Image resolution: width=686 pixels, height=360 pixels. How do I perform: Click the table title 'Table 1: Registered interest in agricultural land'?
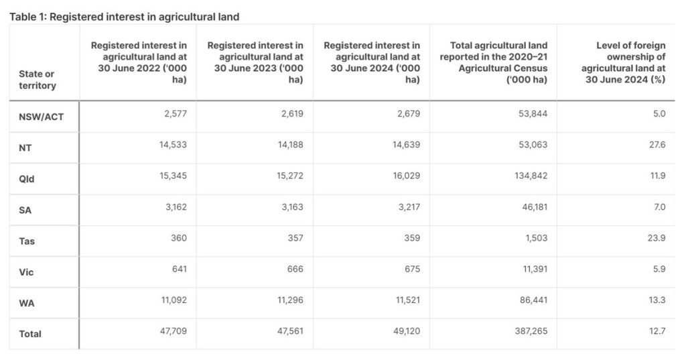coord(124,16)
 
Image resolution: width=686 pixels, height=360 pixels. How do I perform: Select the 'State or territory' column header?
coord(37,80)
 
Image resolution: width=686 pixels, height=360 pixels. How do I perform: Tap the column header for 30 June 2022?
coord(139,62)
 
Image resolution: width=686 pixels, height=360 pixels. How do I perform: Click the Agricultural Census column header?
coord(494,62)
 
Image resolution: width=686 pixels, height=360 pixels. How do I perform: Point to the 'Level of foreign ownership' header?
coord(623,62)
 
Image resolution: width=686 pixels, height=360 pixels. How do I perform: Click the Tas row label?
coord(26,241)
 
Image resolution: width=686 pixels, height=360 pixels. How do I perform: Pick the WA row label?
coord(26,303)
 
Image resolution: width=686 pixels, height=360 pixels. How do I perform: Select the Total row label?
coord(29,334)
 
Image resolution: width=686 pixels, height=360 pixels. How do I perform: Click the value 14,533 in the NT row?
coord(173,145)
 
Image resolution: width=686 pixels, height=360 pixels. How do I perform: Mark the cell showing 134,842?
coord(529,176)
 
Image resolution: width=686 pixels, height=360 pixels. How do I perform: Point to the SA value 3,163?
coord(290,207)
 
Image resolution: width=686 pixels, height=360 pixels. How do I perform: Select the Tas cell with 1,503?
coord(535,238)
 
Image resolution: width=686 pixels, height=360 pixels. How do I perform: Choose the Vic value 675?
coord(411,269)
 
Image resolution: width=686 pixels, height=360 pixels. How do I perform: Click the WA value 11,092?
coord(173,300)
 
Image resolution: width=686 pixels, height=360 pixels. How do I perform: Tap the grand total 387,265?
coord(529,331)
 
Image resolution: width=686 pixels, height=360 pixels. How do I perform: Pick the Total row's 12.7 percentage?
coord(657,331)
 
